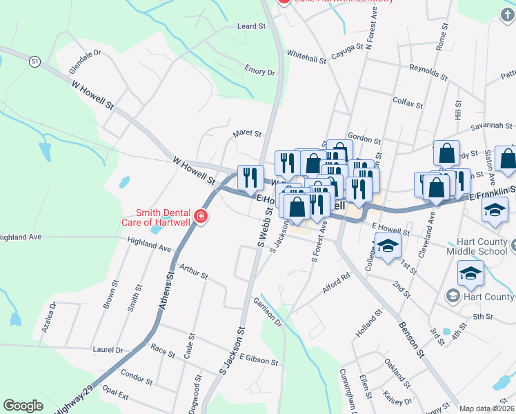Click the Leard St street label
[x=252, y=26]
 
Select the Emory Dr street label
[x=259, y=70]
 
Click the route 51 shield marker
[x=34, y=62]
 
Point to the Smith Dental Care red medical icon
[x=201, y=217]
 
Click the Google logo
[x=23, y=406]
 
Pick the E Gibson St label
[x=259, y=359]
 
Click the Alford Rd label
[x=337, y=282]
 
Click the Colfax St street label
[x=407, y=103]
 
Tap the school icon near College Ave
[x=387, y=246]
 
